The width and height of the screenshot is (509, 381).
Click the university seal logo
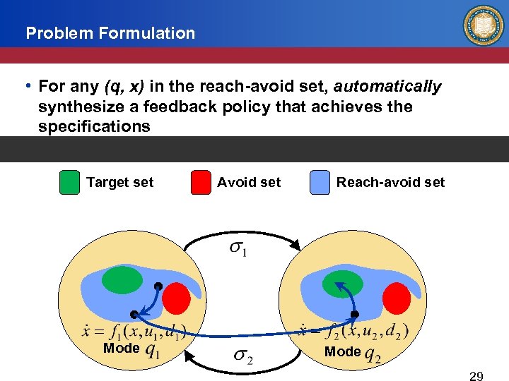(x=483, y=26)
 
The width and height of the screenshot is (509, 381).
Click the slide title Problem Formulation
(x=110, y=33)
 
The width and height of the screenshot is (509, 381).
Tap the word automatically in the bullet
(x=387, y=87)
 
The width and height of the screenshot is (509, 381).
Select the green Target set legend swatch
(x=69, y=183)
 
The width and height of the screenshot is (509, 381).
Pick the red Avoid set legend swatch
(x=201, y=183)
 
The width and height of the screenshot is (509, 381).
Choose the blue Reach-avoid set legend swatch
(x=320, y=183)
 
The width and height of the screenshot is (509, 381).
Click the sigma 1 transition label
(x=238, y=250)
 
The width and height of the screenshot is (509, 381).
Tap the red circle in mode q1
(x=177, y=299)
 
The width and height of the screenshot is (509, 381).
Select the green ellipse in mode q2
(x=342, y=284)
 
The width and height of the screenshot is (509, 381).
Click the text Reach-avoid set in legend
(x=390, y=183)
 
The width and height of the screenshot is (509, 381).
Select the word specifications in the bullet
(x=94, y=127)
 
